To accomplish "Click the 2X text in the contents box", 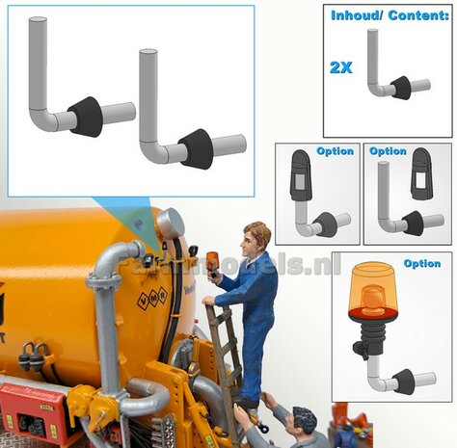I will pyautogui.click(x=341, y=67).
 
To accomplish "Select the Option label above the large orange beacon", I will pyautogui.click(x=422, y=263).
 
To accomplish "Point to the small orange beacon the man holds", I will pyautogui.click(x=212, y=260).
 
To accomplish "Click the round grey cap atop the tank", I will pyautogui.click(x=170, y=224).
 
